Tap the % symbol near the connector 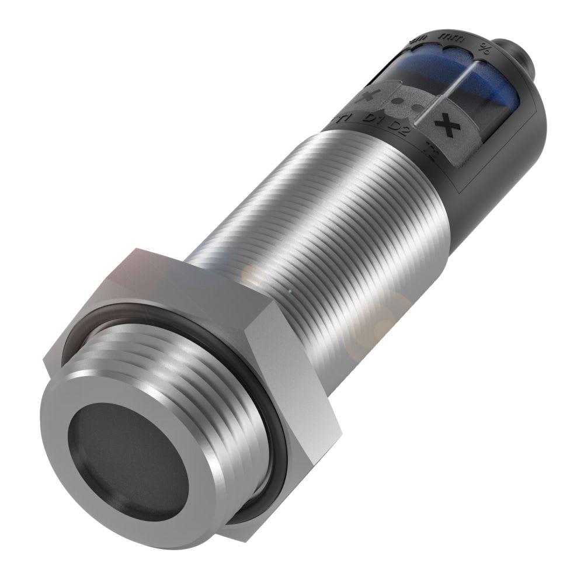(x=483, y=48)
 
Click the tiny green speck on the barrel (x=289, y=291)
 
